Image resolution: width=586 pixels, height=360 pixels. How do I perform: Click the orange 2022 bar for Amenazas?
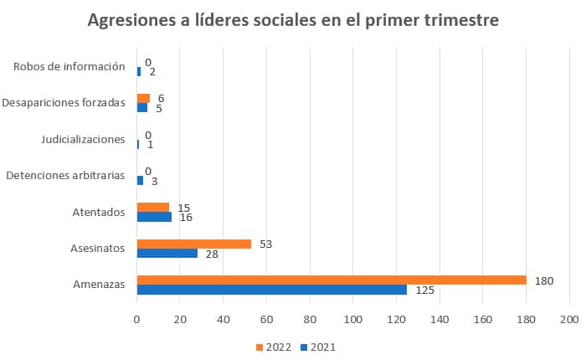(x=332, y=280)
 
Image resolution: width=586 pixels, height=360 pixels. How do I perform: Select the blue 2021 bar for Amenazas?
(x=272, y=290)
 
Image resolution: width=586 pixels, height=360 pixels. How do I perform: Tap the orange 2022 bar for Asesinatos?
(x=194, y=244)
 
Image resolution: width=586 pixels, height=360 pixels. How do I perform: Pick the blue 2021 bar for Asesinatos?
(x=167, y=254)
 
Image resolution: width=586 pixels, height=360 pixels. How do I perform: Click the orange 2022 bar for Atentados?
(x=153, y=207)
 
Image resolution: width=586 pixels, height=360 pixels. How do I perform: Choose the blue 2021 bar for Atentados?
(x=154, y=217)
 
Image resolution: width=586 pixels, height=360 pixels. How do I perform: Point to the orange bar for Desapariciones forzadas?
(x=143, y=98)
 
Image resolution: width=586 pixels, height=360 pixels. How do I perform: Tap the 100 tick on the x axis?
(x=353, y=320)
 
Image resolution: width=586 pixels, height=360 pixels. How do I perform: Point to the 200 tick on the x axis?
(x=569, y=320)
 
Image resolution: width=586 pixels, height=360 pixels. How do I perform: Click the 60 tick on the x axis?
(x=266, y=320)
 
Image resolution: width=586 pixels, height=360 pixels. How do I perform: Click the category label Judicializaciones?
(x=83, y=139)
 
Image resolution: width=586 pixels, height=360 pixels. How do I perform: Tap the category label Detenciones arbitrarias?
(x=65, y=176)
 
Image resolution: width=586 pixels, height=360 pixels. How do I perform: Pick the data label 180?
(x=545, y=280)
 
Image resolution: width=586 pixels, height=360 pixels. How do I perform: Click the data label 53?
(x=266, y=244)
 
